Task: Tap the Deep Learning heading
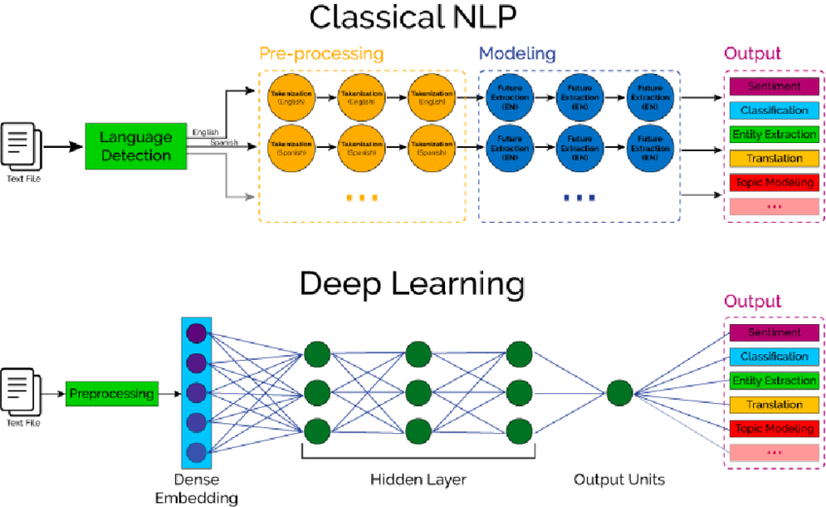point(412,284)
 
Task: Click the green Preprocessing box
point(112,394)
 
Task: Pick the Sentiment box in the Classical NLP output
point(774,87)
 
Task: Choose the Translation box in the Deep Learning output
point(774,405)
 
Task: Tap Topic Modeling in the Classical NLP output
point(774,181)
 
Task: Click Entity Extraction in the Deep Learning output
point(774,380)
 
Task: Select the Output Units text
point(619,480)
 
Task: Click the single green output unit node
point(620,394)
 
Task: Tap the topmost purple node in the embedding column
point(197,333)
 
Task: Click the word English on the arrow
point(205,132)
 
